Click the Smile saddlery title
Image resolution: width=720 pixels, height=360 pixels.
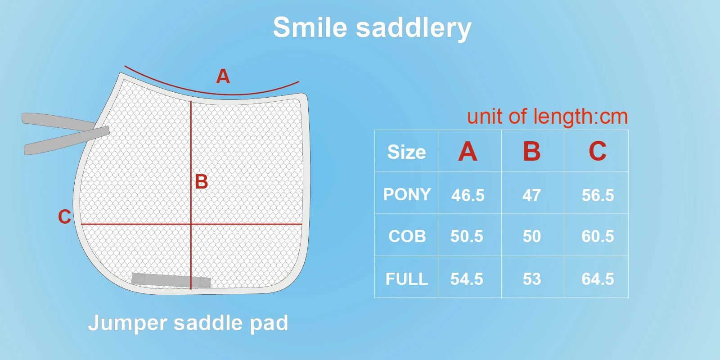pyautogui.click(x=372, y=28)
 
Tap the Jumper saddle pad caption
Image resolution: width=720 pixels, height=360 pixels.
pyautogui.click(x=188, y=323)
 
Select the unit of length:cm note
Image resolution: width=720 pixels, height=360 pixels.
pyautogui.click(x=547, y=117)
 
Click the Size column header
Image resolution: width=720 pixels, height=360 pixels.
pyautogui.click(x=406, y=152)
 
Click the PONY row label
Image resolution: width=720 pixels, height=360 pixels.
pyautogui.click(x=407, y=194)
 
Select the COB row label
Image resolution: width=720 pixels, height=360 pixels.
pyautogui.click(x=407, y=236)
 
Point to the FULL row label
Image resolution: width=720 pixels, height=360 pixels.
pyautogui.click(x=407, y=279)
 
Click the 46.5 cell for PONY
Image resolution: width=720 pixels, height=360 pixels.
pyautogui.click(x=468, y=195)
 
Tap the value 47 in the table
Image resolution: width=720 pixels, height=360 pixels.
pyautogui.click(x=531, y=195)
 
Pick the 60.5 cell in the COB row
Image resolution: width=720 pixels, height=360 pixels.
pyautogui.click(x=598, y=236)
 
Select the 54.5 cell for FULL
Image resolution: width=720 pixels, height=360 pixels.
pyautogui.click(x=467, y=279)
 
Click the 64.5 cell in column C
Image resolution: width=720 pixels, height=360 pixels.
pyautogui.click(x=598, y=279)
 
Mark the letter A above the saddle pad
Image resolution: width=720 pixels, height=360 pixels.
pyautogui.click(x=223, y=76)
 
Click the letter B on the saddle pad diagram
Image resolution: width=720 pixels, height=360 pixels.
pyautogui.click(x=202, y=182)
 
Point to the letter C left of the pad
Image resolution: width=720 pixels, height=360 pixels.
pyautogui.click(x=64, y=216)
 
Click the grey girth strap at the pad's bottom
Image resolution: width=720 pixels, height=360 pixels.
pyautogui.click(x=171, y=280)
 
